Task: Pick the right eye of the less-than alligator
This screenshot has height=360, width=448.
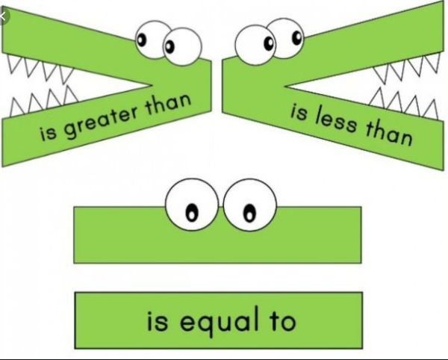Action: [x=284, y=34]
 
